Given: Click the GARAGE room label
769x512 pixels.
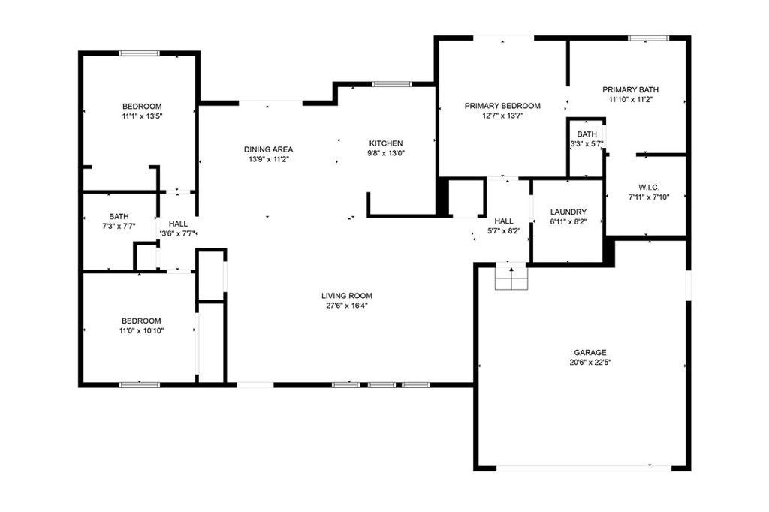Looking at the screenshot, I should [590, 352].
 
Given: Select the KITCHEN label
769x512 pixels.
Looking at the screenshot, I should [386, 143].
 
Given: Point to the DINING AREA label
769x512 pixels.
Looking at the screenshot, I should [268, 149].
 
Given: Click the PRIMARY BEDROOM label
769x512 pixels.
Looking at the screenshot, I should [502, 106].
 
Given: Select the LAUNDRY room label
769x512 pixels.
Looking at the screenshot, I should [568, 212].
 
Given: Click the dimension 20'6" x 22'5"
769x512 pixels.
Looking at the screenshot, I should [590, 362].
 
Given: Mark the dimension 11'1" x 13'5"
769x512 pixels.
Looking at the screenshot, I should [142, 116].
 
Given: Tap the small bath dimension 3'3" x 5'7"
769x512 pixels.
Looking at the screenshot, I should [587, 143].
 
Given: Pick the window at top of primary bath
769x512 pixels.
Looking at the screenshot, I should [648, 38].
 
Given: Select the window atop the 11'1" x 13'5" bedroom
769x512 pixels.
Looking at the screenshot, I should [140, 53].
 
